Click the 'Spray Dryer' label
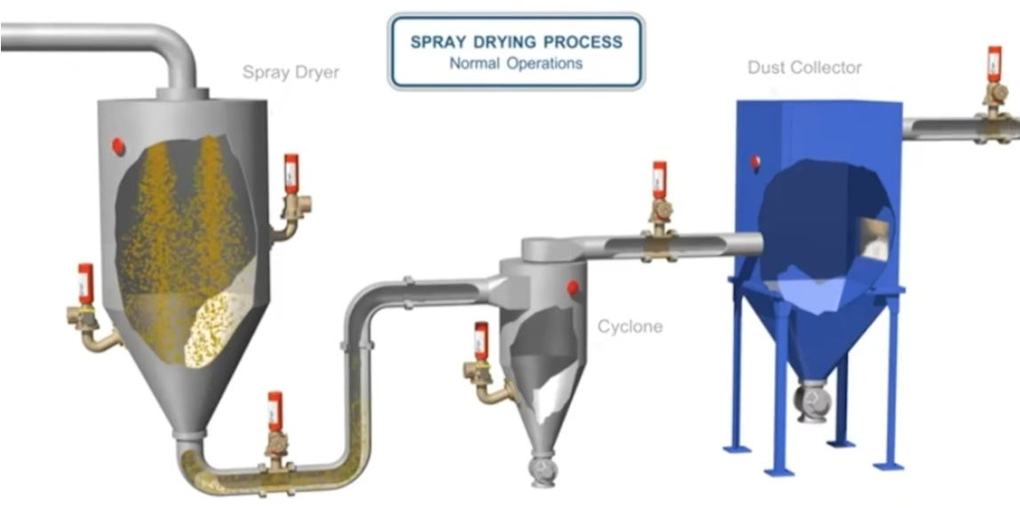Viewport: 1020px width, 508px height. click(291, 72)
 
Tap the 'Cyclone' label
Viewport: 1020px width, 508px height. click(629, 327)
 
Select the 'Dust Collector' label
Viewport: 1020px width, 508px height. click(804, 68)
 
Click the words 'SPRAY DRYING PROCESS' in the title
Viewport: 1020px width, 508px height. click(516, 42)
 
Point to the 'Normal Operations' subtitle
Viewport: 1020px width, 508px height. click(516, 64)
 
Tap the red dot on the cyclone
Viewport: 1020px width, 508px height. click(573, 287)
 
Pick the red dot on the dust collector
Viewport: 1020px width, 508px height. click(755, 162)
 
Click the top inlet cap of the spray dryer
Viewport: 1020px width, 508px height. click(183, 93)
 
